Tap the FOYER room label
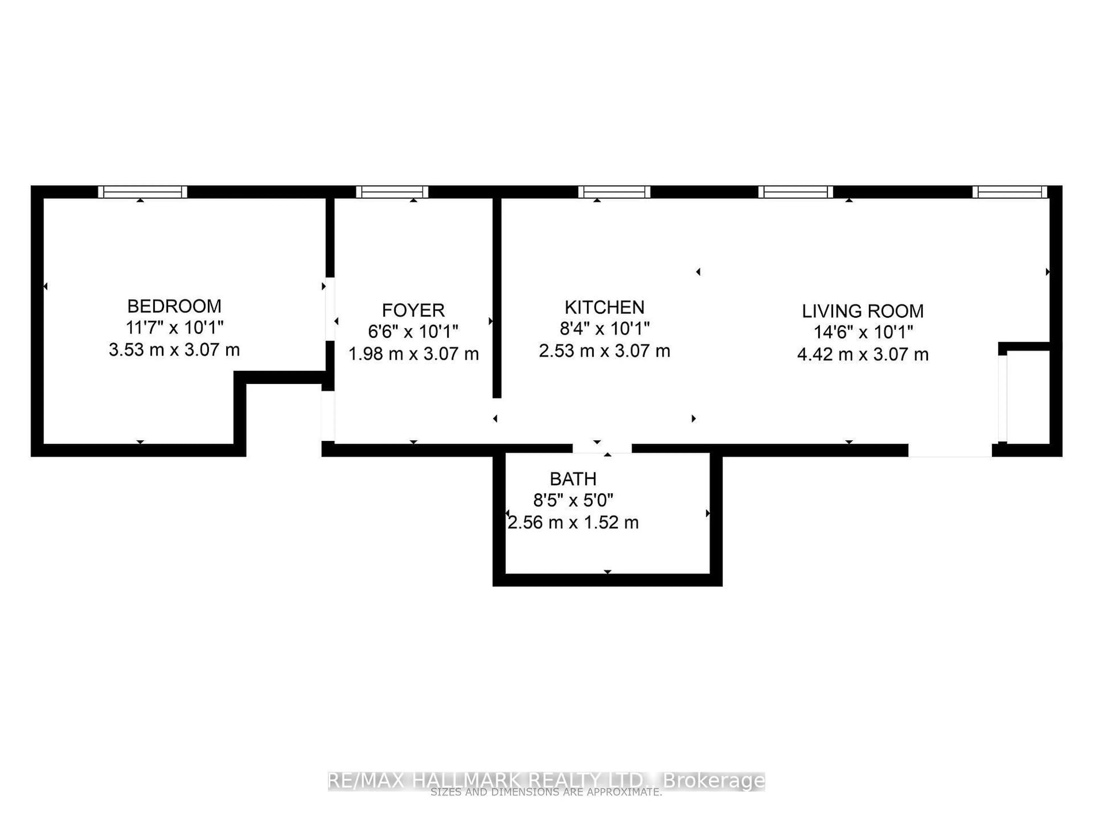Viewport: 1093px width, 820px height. [413, 310]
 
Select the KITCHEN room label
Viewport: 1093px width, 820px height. [604, 307]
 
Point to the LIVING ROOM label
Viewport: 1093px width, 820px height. [862, 311]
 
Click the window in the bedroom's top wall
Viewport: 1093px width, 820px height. [142, 192]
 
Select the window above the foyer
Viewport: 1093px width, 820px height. [392, 192]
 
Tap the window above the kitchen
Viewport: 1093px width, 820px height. [614, 192]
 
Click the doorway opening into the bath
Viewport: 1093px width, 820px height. [602, 448]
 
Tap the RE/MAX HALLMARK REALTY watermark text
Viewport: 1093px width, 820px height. [546, 780]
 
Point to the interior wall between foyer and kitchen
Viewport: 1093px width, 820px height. [497, 297]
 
